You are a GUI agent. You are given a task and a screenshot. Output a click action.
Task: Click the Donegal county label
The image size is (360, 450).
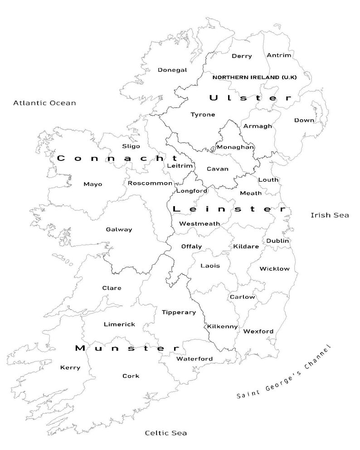tap(172, 70)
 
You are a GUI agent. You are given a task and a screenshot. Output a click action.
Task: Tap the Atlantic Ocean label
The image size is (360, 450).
tap(44, 103)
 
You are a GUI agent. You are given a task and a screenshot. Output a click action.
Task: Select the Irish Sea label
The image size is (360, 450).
tap(330, 215)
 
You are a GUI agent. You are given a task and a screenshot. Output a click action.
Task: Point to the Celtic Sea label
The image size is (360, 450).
tap(165, 433)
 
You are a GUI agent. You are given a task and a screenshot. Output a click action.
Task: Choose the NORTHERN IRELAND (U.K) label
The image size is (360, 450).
tap(254, 77)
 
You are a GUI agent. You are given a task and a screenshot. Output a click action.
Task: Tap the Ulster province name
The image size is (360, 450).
tap(250, 98)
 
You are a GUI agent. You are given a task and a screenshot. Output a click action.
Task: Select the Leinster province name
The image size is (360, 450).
tap(229, 209)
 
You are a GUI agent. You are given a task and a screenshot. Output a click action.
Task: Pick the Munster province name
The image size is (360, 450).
tap(127, 348)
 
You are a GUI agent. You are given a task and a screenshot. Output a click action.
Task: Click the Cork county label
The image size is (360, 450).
tap(131, 376)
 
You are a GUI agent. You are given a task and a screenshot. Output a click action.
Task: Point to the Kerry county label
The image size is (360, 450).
tap(70, 368)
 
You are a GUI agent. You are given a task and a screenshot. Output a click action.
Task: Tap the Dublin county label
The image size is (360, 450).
tap(277, 241)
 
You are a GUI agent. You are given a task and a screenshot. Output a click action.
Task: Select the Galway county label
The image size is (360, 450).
tap(119, 229)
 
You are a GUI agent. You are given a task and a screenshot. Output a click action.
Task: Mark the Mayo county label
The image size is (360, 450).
tap(93, 184)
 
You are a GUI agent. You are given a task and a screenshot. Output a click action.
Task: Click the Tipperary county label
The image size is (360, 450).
tap(179, 312)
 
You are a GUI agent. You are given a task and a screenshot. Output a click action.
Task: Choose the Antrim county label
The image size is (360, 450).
tap(279, 55)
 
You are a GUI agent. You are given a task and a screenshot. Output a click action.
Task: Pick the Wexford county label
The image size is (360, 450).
tap(258, 331)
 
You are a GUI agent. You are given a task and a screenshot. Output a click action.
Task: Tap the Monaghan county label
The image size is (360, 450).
tap(235, 147)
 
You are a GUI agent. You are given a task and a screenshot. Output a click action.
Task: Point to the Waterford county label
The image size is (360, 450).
tap(194, 359)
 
